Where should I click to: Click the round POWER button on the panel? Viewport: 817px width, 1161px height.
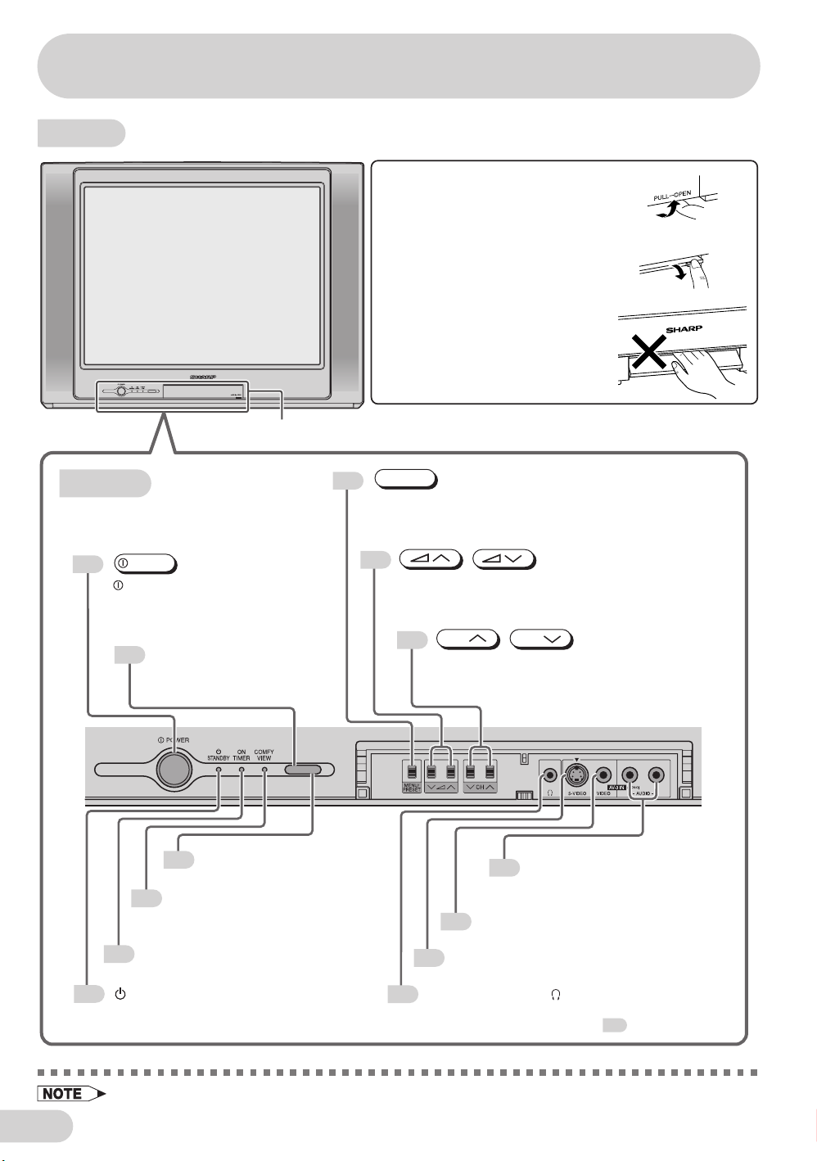(x=174, y=769)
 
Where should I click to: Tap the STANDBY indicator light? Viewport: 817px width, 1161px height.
(x=218, y=770)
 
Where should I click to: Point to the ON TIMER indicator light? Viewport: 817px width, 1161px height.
(x=241, y=770)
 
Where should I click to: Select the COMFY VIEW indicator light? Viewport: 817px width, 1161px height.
(x=264, y=770)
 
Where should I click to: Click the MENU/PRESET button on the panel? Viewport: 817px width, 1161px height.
(x=411, y=773)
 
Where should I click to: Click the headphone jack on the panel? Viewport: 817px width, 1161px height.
(x=550, y=774)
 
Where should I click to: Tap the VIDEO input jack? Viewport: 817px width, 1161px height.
(x=603, y=774)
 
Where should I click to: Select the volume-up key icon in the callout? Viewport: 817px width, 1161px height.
(x=431, y=560)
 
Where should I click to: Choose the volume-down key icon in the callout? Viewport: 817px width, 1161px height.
(x=503, y=560)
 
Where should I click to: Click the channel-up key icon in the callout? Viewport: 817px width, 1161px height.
(x=468, y=639)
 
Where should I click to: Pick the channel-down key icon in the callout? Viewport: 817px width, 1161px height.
(x=541, y=639)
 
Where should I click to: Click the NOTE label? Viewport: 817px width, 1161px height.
(x=63, y=1094)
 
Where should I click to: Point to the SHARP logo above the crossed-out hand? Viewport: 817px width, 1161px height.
(x=684, y=328)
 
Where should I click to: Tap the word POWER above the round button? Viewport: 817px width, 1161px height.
(x=178, y=740)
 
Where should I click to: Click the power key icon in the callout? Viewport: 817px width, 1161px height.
(x=146, y=564)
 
